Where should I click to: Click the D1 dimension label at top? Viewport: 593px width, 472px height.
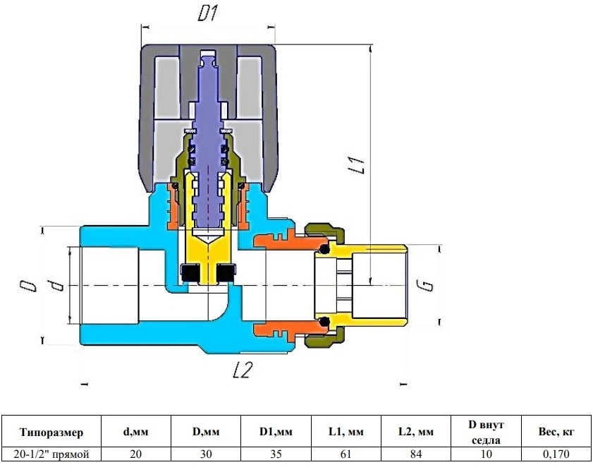[x=207, y=14]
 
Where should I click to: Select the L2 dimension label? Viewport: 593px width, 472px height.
[x=242, y=370]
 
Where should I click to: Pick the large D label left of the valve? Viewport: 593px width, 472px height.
[x=28, y=286]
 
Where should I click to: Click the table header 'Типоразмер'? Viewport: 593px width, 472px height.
[x=51, y=432]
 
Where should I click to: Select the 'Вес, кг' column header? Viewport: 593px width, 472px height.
[x=556, y=432]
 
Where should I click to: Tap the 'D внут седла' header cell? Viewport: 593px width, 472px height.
[x=486, y=432]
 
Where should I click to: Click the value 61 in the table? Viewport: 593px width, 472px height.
[x=346, y=454]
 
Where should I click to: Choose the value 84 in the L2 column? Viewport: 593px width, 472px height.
[x=415, y=454]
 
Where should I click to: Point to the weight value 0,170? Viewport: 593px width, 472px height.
[x=556, y=454]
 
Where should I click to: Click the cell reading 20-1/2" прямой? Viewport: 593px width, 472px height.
[x=51, y=454]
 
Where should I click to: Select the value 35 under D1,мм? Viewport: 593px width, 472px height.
[x=276, y=454]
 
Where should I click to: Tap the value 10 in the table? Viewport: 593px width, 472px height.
[x=486, y=454]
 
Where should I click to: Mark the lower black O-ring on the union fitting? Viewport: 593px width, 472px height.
[x=324, y=322]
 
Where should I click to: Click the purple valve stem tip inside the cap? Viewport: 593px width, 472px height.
[x=208, y=60]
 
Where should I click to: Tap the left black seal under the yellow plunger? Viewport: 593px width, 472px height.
[x=190, y=273]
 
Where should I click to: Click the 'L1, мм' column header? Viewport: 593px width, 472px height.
[x=346, y=432]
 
